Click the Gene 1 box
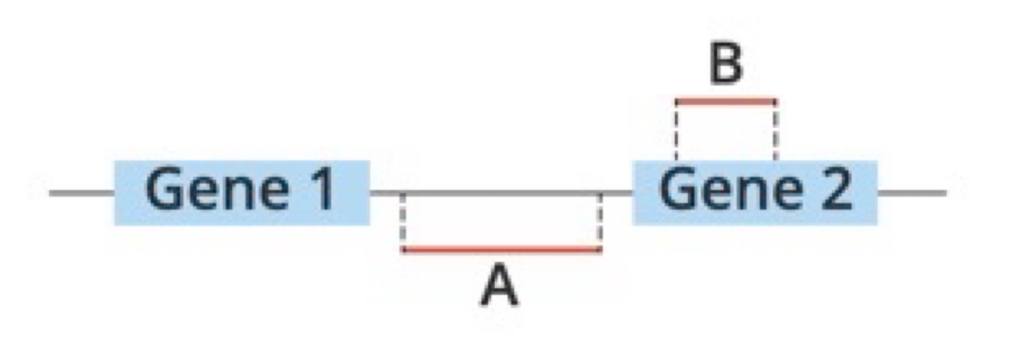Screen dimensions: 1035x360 point(241,192)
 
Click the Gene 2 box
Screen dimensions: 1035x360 point(754,192)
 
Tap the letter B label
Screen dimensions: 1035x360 point(725,65)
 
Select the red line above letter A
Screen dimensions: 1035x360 point(501,249)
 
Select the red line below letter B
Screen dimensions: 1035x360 point(725,100)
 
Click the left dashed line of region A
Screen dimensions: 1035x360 point(403,221)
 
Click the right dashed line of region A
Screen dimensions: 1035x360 point(600,221)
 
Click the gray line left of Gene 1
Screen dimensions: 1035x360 point(81,192)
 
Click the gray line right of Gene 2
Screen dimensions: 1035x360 point(912,192)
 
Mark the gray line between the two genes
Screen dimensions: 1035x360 point(501,192)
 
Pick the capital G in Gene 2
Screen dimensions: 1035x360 point(677,191)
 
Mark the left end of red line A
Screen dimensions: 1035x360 point(403,249)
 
